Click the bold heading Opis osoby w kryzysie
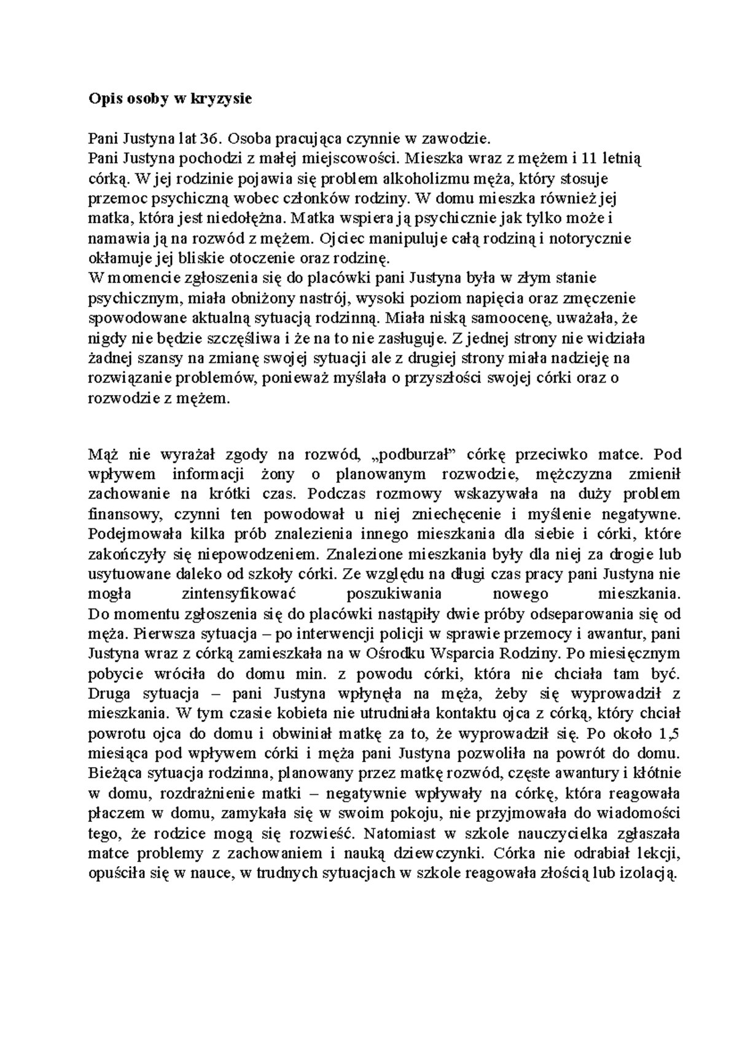coord(170,99)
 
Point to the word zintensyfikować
coord(240,594)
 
